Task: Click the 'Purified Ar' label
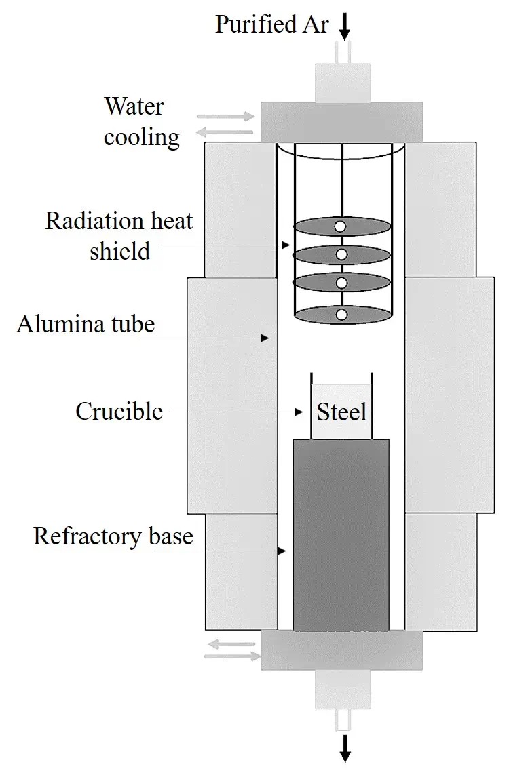point(271,24)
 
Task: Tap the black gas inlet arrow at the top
point(344,26)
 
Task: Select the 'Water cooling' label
point(141,121)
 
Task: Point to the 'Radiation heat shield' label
point(119,236)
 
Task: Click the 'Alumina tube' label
point(86,324)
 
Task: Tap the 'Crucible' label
point(119,411)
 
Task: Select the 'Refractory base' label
point(113,536)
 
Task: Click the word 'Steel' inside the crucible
point(342,412)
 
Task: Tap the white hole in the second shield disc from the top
point(341,255)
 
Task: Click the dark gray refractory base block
point(341,535)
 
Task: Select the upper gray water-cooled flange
point(342,122)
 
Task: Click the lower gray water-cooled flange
point(342,650)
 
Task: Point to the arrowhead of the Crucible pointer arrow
point(299,412)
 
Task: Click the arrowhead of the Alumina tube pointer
point(265,338)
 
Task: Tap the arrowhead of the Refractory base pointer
point(282,551)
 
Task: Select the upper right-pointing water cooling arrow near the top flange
point(226,117)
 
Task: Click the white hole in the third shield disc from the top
point(341,283)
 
